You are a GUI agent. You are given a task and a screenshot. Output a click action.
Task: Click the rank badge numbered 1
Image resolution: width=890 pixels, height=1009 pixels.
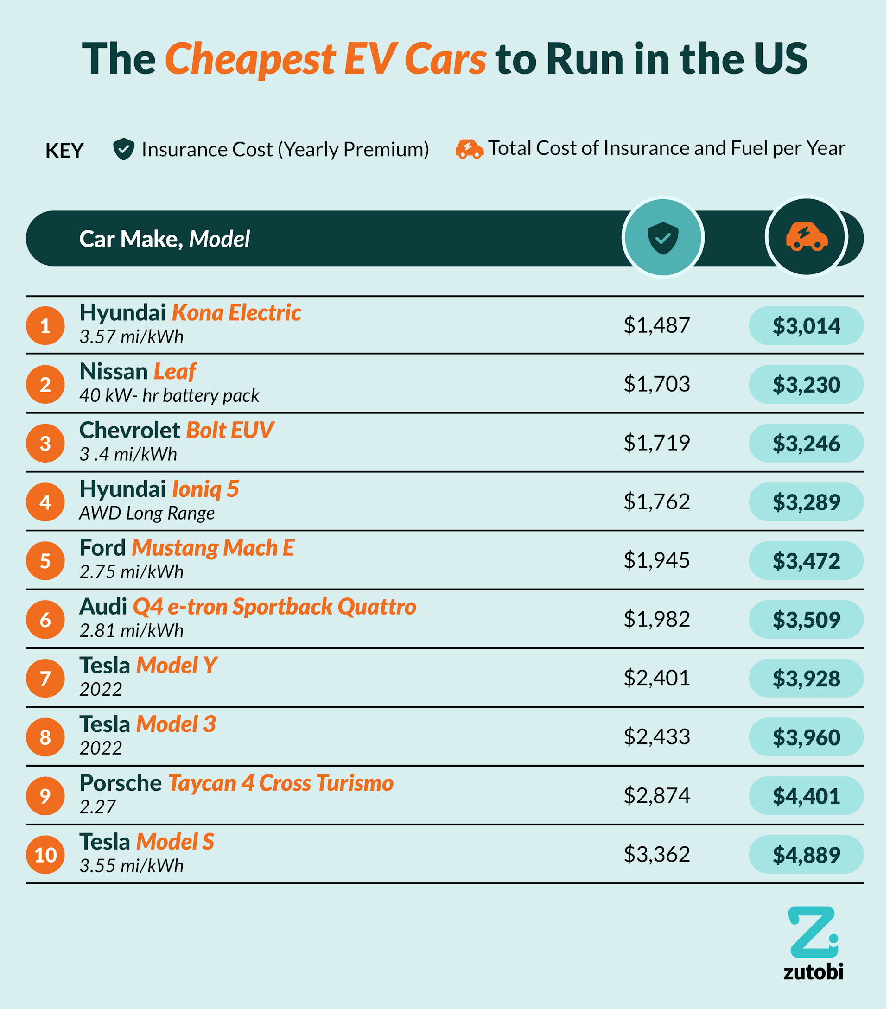pos(45,326)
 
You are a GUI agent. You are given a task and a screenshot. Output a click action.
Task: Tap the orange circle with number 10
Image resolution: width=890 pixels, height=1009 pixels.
pos(45,855)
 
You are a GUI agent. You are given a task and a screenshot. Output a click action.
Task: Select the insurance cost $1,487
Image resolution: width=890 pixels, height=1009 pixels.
pos(656,325)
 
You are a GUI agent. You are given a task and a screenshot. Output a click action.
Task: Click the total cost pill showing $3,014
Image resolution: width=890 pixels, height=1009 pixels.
pos(806,326)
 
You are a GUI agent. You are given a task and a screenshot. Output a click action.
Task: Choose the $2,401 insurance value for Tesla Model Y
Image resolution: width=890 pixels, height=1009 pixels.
pos(656,678)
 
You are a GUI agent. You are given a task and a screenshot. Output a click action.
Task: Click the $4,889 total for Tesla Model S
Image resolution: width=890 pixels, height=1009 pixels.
pos(806,855)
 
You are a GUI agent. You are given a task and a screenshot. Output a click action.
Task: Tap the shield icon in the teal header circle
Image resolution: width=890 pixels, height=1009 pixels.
pos(662,238)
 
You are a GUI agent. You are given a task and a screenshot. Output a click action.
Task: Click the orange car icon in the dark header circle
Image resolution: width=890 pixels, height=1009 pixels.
pos(807,237)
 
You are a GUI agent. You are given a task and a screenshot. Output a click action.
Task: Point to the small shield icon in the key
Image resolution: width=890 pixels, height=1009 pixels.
pos(123,149)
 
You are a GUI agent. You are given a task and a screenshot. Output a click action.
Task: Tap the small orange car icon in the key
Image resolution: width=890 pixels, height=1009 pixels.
pos(469,149)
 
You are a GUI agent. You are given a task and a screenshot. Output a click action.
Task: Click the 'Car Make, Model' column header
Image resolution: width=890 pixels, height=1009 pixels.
pos(165,239)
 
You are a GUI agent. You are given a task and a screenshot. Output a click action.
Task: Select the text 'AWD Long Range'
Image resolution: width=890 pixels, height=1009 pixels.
pos(146,514)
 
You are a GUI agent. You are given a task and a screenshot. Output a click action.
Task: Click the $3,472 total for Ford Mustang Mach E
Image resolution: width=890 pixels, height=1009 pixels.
pos(806,561)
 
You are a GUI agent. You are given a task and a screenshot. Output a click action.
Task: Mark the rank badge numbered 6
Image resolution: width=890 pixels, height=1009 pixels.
pos(45,620)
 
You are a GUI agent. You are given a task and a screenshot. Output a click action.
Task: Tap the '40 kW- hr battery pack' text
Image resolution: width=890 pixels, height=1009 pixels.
pos(169,396)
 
